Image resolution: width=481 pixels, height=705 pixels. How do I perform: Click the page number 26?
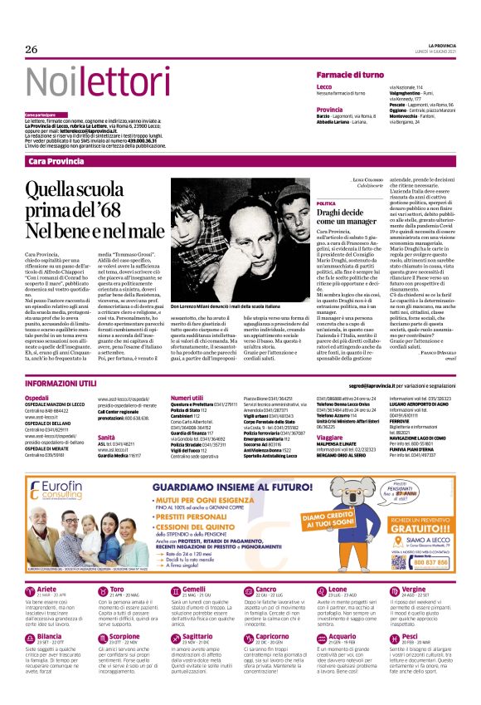pos(32,50)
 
